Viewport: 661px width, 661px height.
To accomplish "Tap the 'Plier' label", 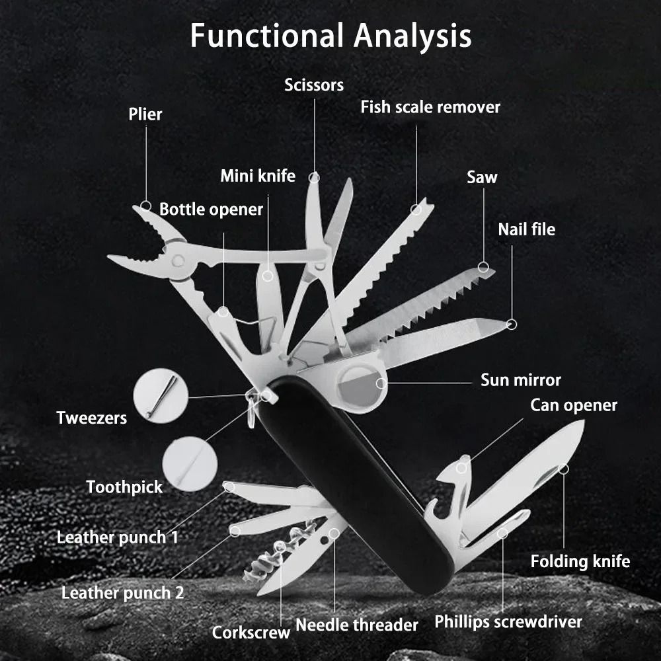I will [x=145, y=114].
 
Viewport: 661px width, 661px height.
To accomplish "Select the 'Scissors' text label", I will [x=314, y=85].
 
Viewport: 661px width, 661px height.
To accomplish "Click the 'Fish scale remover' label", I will [x=430, y=106].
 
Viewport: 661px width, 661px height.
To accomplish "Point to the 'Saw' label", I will [x=482, y=176].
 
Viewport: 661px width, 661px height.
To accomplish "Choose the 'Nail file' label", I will [x=526, y=229].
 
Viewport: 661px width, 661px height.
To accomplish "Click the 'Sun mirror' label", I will [x=520, y=380].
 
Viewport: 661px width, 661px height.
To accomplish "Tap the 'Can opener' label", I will [x=574, y=405].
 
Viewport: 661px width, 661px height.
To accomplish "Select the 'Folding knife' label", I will [x=580, y=561].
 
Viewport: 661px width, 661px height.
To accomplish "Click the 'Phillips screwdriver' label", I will [x=508, y=621].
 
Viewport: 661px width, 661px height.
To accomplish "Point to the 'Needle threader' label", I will [x=356, y=625].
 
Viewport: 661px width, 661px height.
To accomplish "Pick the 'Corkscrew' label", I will [x=251, y=633].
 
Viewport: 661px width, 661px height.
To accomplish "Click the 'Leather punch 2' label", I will [x=122, y=592].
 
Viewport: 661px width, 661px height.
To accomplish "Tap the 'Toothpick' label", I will [x=124, y=487].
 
